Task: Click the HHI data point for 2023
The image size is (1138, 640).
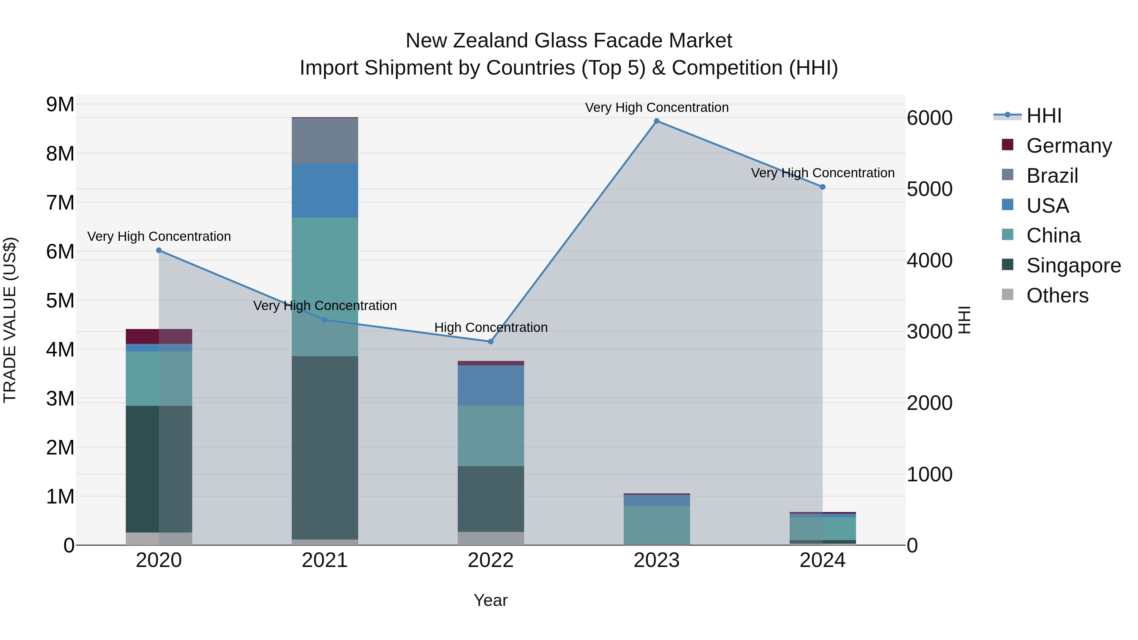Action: coord(657,121)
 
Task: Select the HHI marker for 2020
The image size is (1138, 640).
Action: coord(159,250)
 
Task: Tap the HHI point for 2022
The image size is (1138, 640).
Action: coord(490,341)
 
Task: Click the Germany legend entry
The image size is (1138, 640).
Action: coord(1069,146)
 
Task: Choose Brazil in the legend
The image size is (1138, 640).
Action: coord(1052,176)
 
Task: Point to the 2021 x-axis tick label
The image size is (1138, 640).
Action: coord(325,560)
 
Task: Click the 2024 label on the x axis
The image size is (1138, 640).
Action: coord(822,560)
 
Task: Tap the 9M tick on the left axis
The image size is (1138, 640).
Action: coord(60,105)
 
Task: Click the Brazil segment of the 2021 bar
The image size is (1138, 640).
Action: coord(325,141)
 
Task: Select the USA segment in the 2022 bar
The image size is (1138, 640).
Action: coord(490,385)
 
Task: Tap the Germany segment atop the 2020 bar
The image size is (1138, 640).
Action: coord(159,336)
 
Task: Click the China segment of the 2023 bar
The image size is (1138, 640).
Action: coord(657,524)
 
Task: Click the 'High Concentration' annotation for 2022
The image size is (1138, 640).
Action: coord(490,328)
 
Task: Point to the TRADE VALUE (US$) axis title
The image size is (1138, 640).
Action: coord(10,320)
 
